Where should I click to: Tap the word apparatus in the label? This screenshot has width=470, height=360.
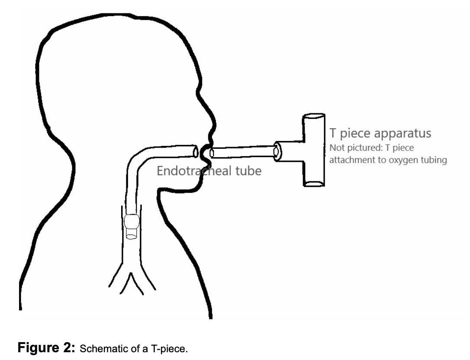tap(406, 132)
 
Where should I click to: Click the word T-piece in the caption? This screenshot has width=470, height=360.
tap(172, 349)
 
